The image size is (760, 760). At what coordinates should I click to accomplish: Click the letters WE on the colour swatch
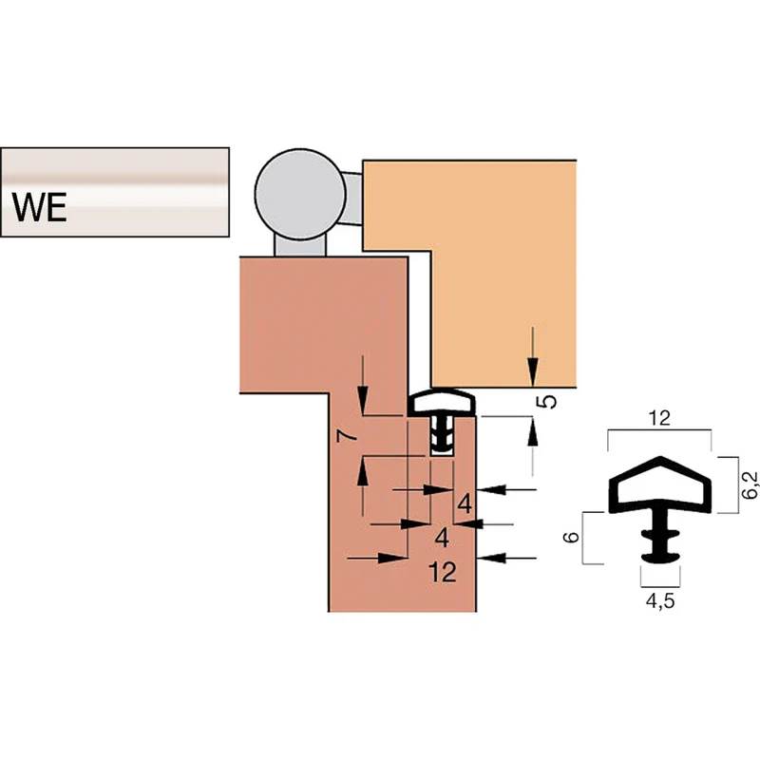tap(40, 207)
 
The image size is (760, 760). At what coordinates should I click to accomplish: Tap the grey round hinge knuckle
tap(300, 194)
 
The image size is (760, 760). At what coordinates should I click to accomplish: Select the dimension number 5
tap(548, 401)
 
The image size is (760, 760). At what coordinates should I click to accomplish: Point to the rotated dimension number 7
tap(347, 436)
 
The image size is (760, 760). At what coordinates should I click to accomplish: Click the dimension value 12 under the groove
tap(443, 573)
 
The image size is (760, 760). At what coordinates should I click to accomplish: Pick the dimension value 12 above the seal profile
tap(659, 418)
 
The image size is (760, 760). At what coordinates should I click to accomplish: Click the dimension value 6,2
tap(749, 484)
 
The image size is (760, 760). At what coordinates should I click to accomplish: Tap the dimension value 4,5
tap(660, 601)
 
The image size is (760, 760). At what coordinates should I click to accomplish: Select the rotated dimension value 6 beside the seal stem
tap(572, 537)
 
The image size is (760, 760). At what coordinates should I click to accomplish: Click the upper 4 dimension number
tap(465, 503)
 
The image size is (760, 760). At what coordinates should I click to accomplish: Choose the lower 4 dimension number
tap(442, 538)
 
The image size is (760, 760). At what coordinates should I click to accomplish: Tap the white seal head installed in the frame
tap(441, 402)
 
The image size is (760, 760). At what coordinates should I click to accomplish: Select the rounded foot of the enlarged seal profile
tap(660, 557)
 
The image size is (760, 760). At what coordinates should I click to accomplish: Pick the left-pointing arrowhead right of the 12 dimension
tap(491, 559)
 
